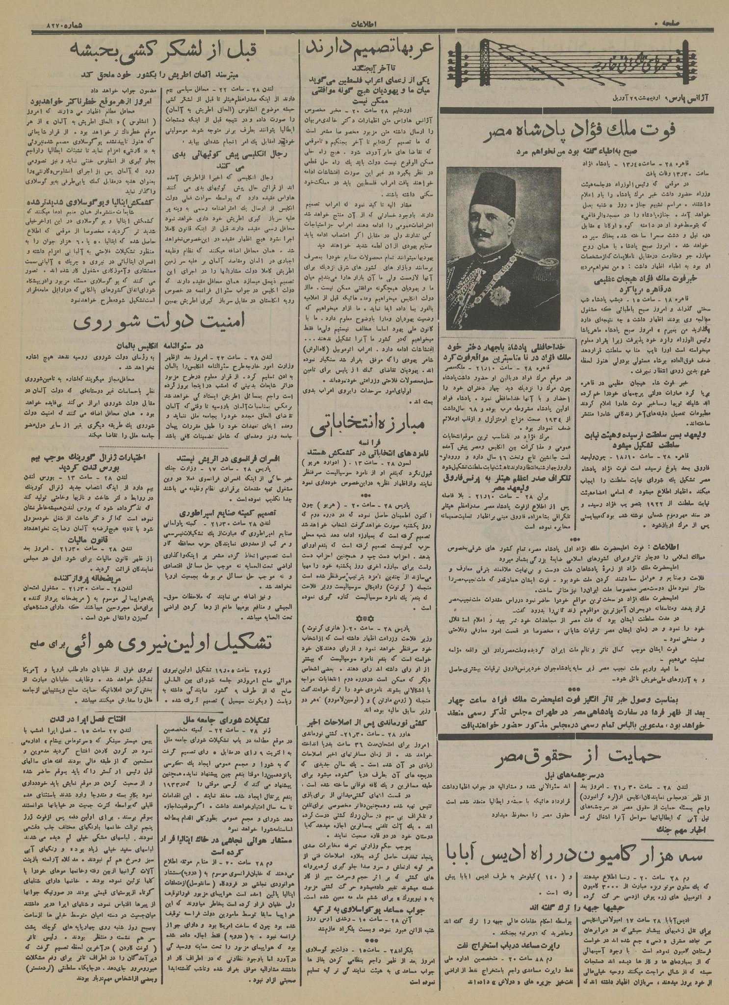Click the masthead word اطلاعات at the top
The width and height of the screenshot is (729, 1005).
coord(364,24)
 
